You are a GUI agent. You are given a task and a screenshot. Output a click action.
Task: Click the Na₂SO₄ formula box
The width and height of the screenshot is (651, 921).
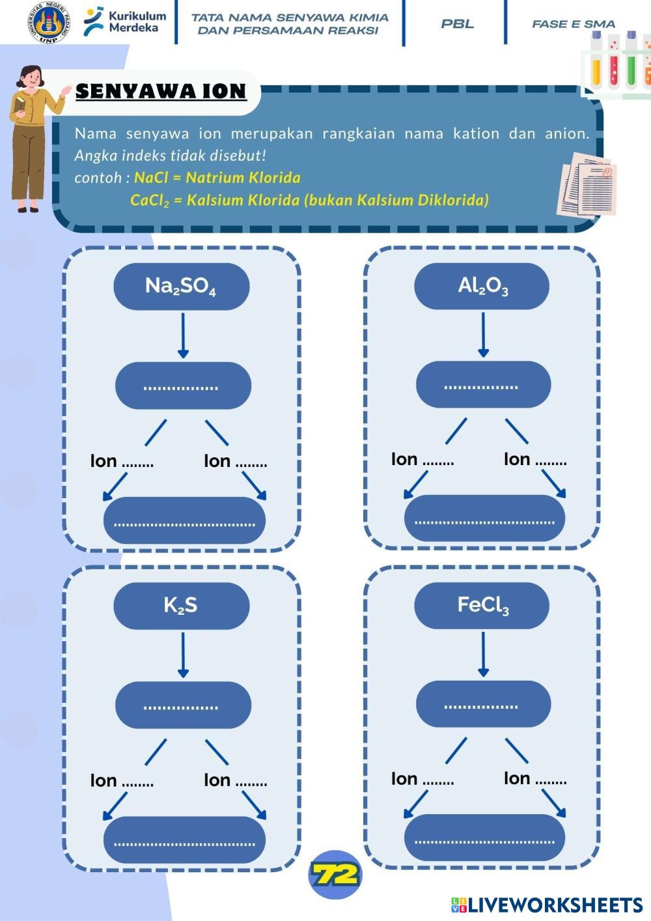[x=181, y=286]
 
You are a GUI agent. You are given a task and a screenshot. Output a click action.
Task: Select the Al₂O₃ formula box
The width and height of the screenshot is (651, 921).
[x=482, y=285]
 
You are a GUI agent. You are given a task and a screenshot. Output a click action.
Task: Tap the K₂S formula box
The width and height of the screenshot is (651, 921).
[x=181, y=605]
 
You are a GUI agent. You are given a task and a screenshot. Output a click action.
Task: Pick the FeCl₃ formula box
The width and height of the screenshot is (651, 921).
[x=482, y=605]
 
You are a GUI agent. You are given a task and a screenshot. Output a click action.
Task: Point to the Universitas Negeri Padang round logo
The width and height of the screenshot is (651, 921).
[x=49, y=23]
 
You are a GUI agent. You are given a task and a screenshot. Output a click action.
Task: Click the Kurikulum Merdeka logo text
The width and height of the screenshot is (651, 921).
[x=137, y=21]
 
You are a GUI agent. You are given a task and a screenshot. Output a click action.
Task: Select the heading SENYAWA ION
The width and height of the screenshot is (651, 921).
[x=161, y=91]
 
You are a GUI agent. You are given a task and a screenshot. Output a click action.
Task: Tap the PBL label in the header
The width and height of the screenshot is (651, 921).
[x=457, y=24]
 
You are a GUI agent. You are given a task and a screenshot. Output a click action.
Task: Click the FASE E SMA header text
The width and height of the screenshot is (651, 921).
[x=573, y=24]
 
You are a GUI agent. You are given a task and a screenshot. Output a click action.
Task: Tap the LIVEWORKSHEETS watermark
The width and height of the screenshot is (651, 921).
[x=547, y=905]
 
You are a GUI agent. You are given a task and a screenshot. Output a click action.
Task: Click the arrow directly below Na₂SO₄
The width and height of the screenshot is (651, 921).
[x=183, y=335]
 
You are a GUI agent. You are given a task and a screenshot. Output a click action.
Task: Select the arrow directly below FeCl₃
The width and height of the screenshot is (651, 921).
[x=483, y=653]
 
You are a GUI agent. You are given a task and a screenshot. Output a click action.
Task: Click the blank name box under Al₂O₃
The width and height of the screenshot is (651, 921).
[x=483, y=384]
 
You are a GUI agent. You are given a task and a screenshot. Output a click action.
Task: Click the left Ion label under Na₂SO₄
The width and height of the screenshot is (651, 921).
[x=122, y=461]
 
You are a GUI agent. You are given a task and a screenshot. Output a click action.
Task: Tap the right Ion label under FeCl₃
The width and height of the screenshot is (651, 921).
[x=534, y=778]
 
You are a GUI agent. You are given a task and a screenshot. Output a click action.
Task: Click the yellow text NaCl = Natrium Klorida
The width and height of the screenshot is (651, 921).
[x=217, y=177]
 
